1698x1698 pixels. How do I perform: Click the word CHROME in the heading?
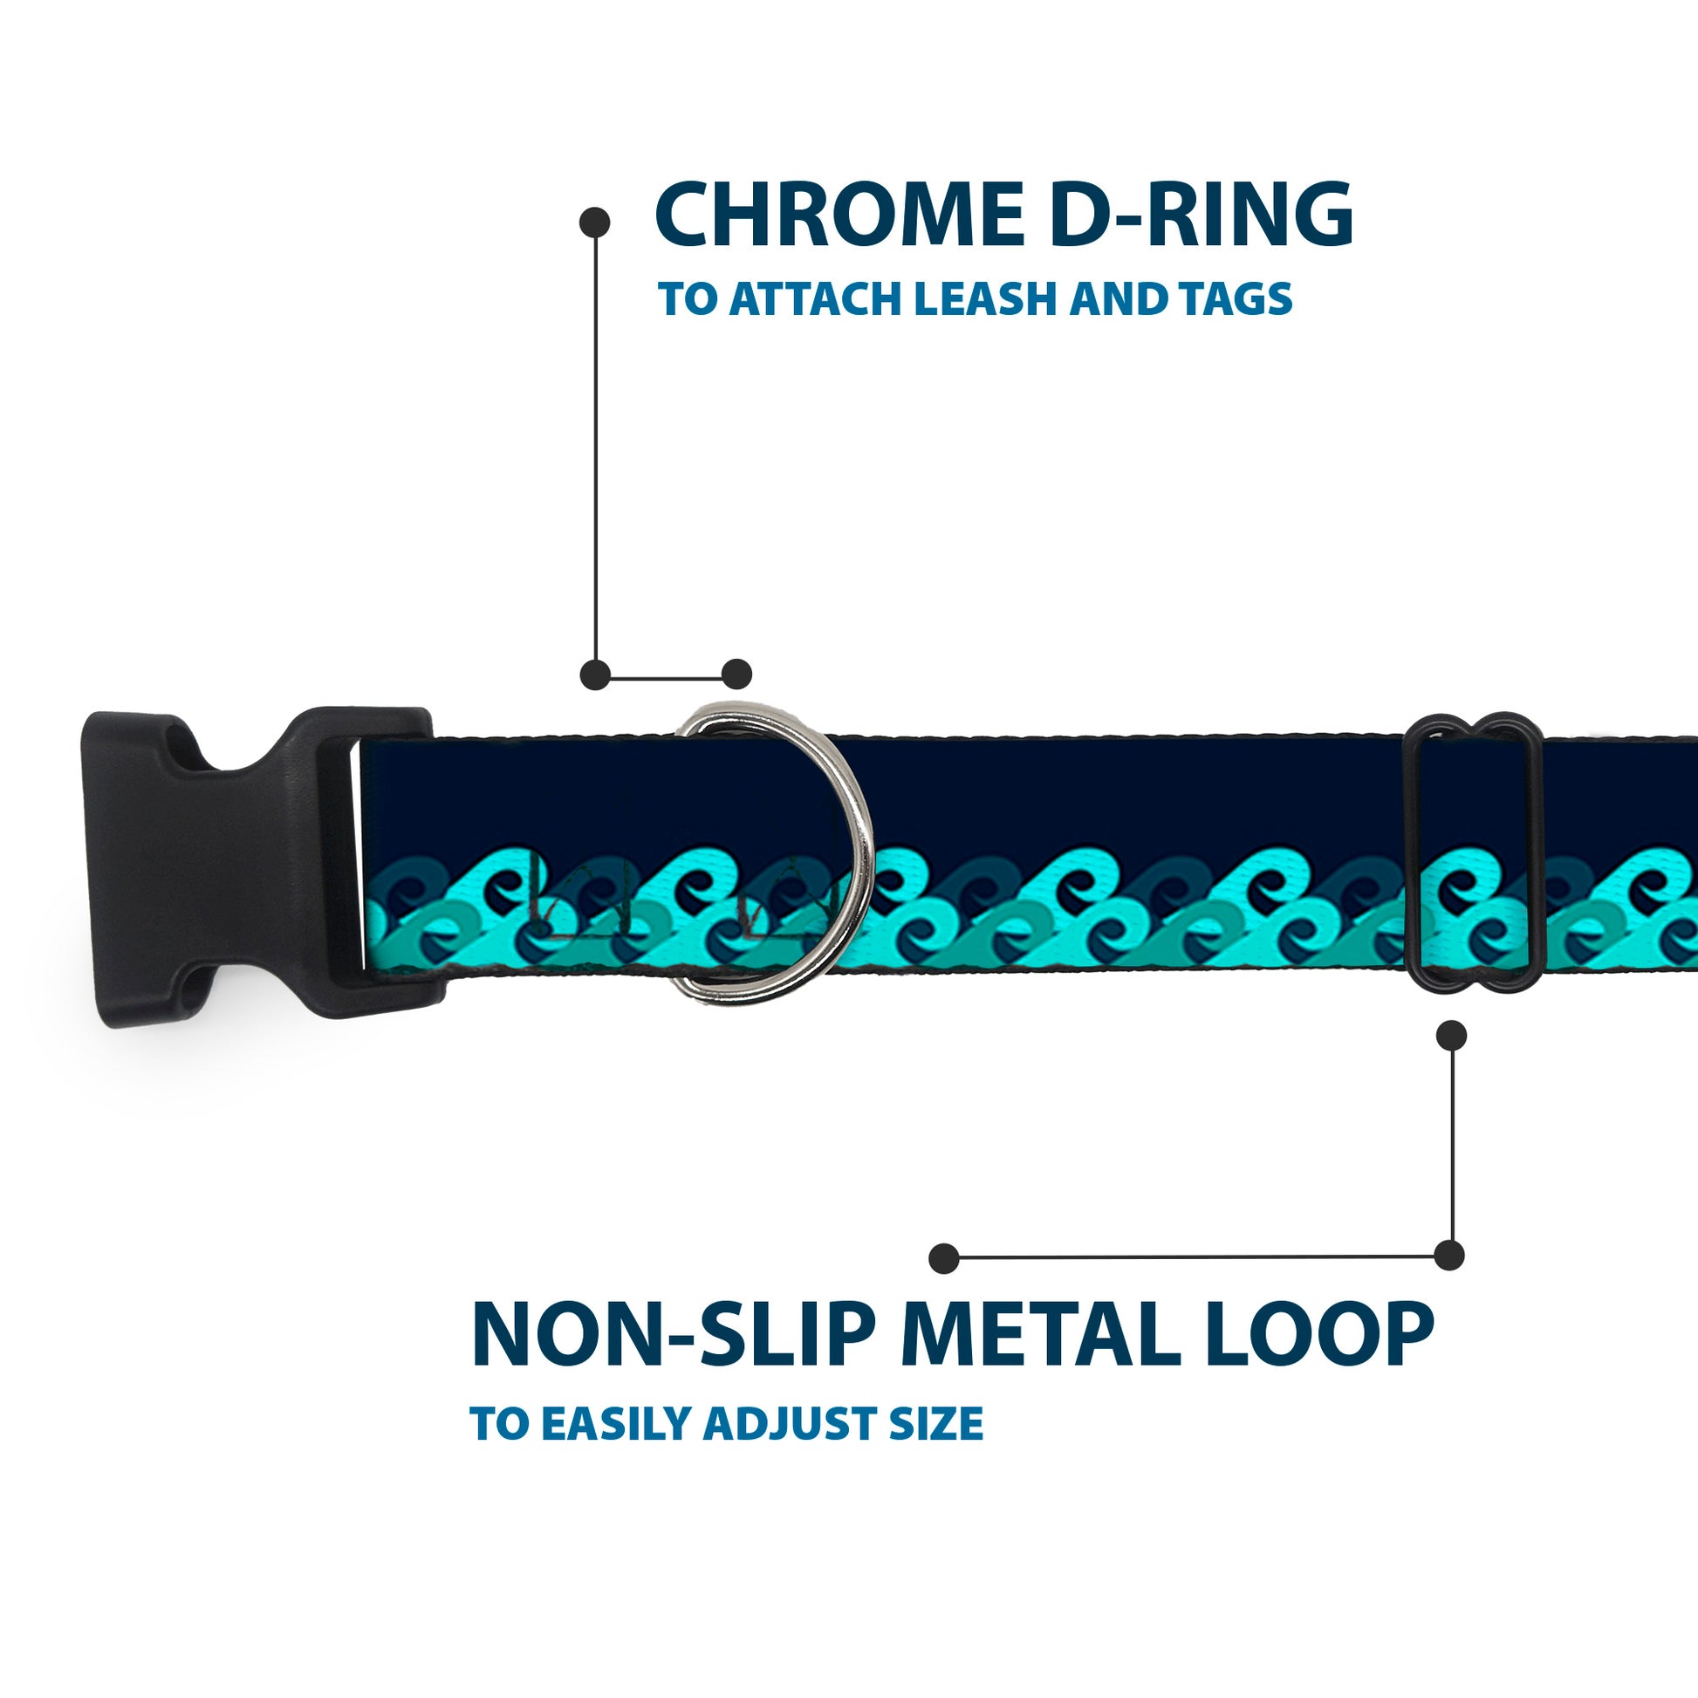tap(839, 216)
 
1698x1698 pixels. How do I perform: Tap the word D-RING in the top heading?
tap(1201, 216)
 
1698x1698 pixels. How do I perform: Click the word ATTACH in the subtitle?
tap(817, 298)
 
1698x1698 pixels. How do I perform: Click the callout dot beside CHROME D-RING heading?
tap(595, 223)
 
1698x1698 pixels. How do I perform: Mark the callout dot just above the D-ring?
tap(736, 674)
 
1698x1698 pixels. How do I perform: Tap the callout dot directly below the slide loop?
tap(1451, 1037)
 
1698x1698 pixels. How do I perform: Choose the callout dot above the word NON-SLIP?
tap(943, 1258)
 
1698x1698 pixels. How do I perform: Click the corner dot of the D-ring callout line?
tap(595, 675)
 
